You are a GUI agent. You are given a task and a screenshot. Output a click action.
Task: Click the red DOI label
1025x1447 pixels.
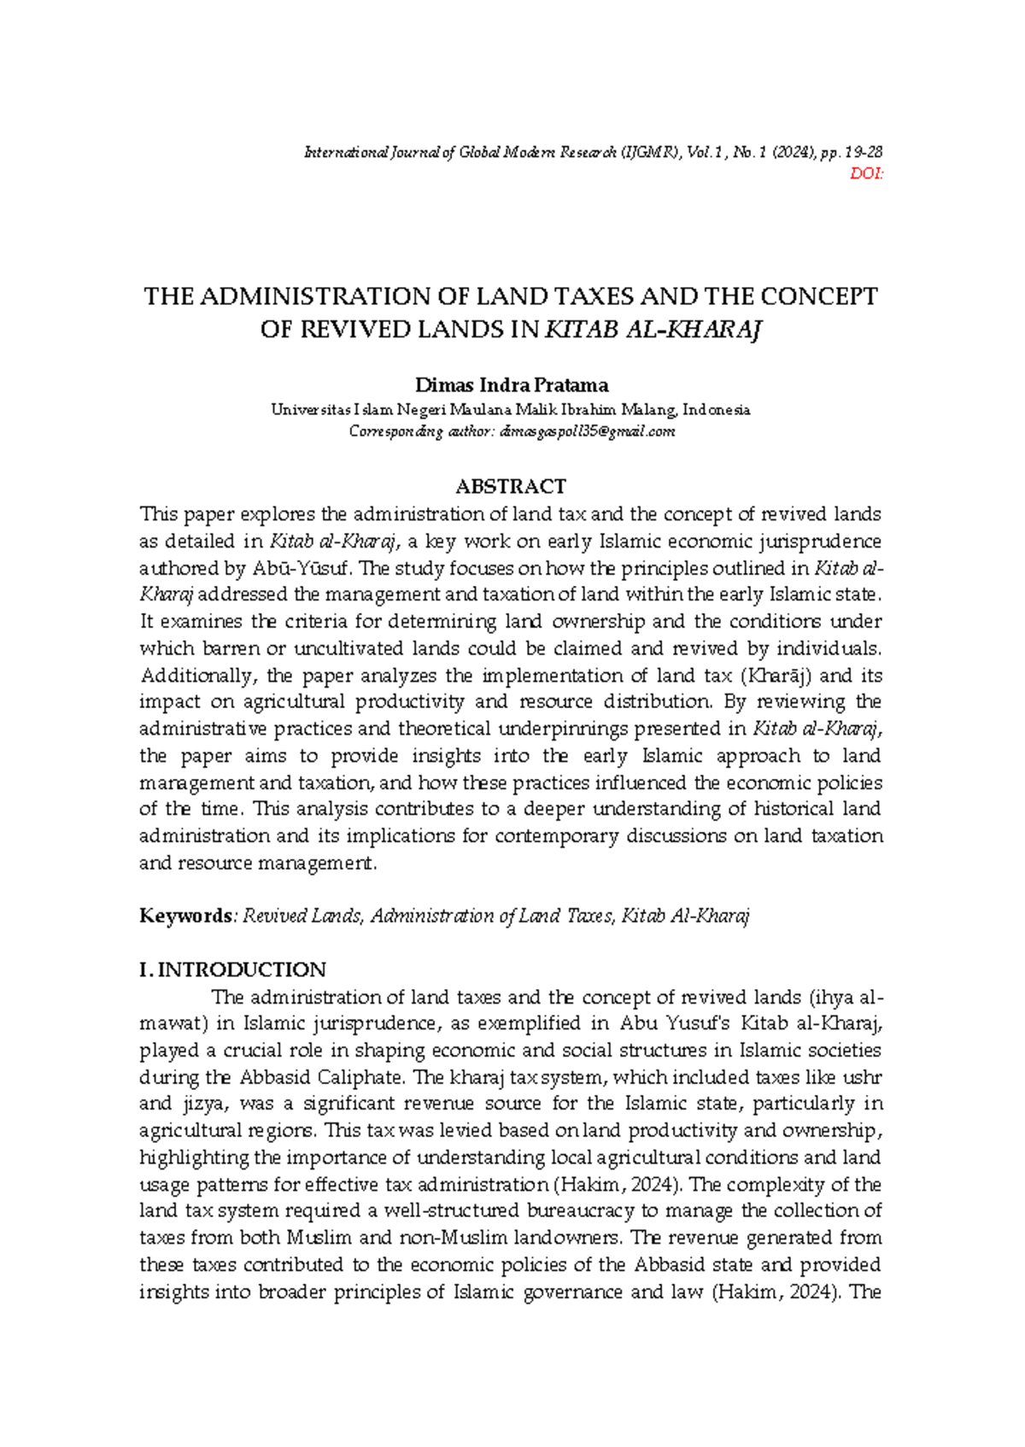point(867,174)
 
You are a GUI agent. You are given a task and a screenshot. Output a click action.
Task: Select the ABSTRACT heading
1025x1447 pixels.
point(511,486)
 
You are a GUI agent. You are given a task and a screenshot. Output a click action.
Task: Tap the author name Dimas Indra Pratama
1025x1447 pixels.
point(511,384)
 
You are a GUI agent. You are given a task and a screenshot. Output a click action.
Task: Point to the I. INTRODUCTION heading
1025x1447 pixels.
point(232,970)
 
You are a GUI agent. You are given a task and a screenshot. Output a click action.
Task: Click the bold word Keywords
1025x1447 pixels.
point(185,916)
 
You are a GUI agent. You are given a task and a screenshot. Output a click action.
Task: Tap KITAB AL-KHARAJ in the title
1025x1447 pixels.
point(653,330)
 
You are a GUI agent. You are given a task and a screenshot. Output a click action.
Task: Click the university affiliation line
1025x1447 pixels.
point(511,409)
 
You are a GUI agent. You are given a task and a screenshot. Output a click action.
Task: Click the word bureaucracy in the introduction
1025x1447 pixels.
point(581,1210)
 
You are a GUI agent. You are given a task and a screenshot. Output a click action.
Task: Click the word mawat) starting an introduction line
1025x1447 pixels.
point(171,1023)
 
